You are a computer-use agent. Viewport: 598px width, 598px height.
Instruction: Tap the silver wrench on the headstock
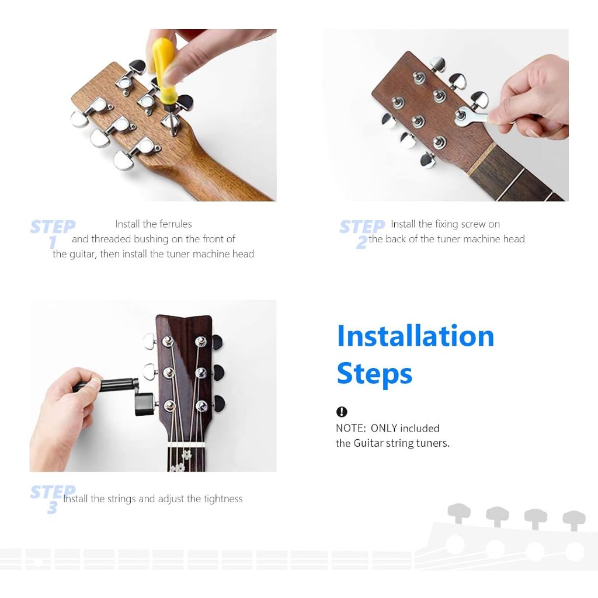(472, 116)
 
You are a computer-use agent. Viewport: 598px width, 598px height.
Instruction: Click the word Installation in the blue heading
(415, 336)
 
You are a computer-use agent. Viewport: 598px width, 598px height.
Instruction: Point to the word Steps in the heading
(374, 374)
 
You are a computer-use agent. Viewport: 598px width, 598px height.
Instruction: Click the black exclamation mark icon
(342, 412)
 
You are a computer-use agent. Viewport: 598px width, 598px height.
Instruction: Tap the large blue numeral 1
(52, 242)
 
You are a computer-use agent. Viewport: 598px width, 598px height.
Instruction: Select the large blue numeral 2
(361, 242)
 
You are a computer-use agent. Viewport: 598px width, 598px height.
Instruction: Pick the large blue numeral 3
(52, 507)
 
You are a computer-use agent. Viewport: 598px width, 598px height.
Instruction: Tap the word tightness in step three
(223, 499)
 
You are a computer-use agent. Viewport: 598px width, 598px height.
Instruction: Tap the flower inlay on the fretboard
(186, 454)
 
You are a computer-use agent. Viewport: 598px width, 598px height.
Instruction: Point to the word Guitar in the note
(368, 443)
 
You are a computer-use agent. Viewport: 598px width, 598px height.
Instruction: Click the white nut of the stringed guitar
(186, 444)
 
